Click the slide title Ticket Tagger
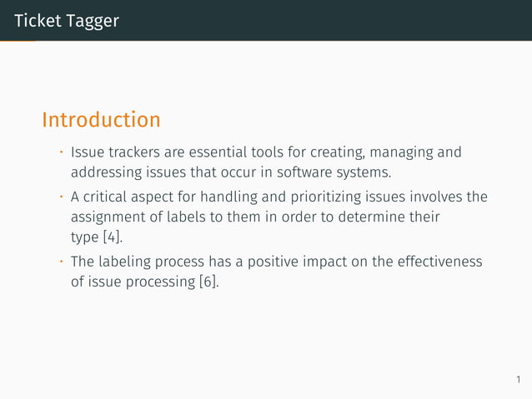[66, 21]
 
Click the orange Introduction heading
[101, 120]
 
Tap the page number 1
[517, 381]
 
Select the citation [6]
[208, 282]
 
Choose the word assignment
[108, 217]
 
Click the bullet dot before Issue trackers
[61, 152]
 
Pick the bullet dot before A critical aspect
[61, 197]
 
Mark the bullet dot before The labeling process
[61, 262]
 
